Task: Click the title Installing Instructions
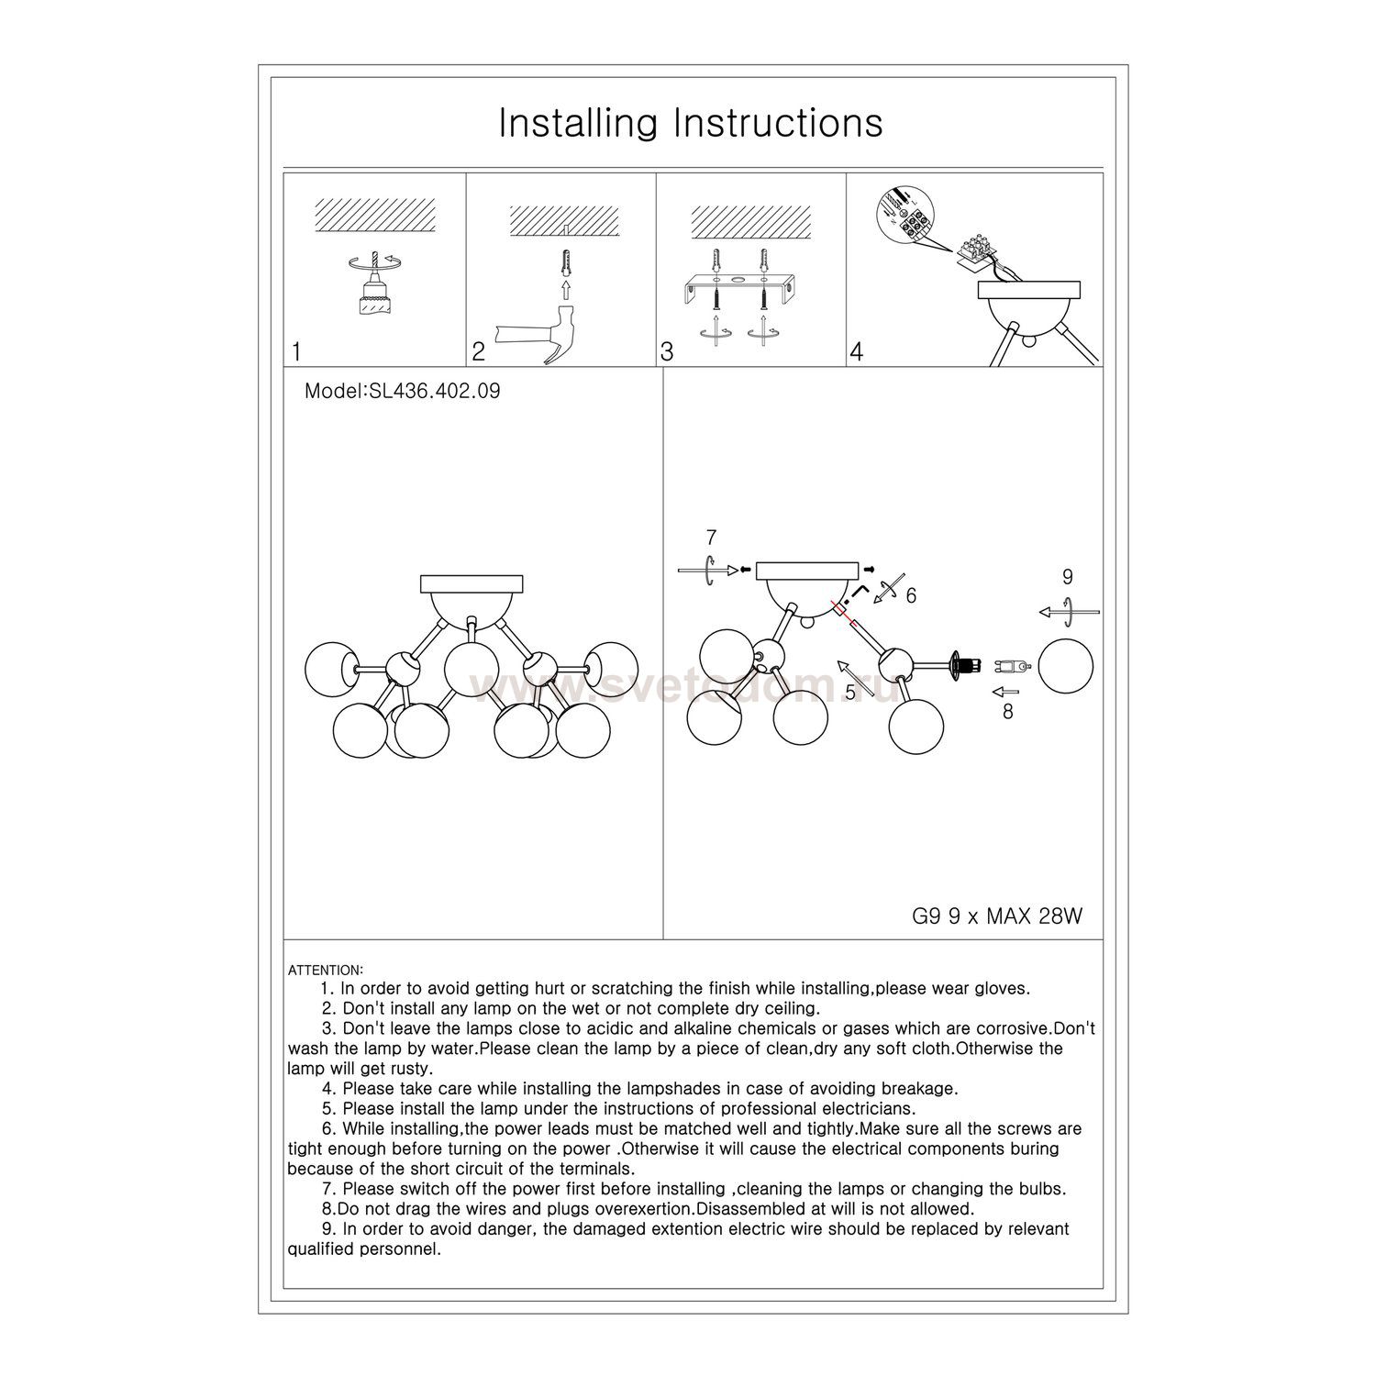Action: pyautogui.click(x=690, y=123)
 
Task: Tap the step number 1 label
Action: pyautogui.click(x=296, y=351)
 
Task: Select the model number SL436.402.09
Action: pyautogui.click(x=402, y=391)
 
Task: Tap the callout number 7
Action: pyautogui.click(x=710, y=538)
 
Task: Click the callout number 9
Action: pyautogui.click(x=1067, y=577)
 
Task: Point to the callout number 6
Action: pyautogui.click(x=910, y=595)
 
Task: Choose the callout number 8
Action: pyautogui.click(x=1007, y=711)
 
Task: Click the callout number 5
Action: pyautogui.click(x=850, y=692)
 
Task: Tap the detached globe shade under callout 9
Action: pyautogui.click(x=1065, y=666)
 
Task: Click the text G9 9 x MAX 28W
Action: pyautogui.click(x=997, y=917)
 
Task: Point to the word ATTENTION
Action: pyautogui.click(x=326, y=970)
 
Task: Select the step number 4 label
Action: pyautogui.click(x=857, y=351)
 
